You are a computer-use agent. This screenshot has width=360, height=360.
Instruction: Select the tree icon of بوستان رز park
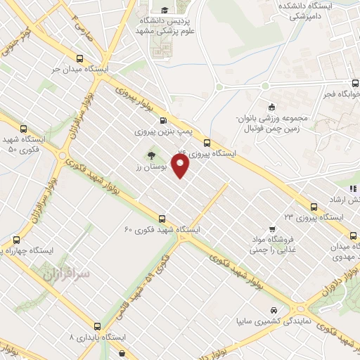pos(151,156)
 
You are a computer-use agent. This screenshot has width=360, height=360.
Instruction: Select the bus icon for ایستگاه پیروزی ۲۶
pos(206,142)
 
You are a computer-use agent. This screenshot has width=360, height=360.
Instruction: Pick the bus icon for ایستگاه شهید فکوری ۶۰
pos(162,219)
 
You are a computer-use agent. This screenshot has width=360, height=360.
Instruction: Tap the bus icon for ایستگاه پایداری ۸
pos(96,326)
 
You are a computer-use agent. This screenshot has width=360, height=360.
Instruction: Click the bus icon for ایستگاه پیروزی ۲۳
pos(314,206)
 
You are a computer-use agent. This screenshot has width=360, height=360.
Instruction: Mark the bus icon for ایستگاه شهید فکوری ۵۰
pos(25,129)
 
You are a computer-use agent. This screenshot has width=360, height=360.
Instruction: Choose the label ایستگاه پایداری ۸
pos(98,337)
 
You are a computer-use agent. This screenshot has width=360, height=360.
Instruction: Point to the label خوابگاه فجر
pos(340,94)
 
